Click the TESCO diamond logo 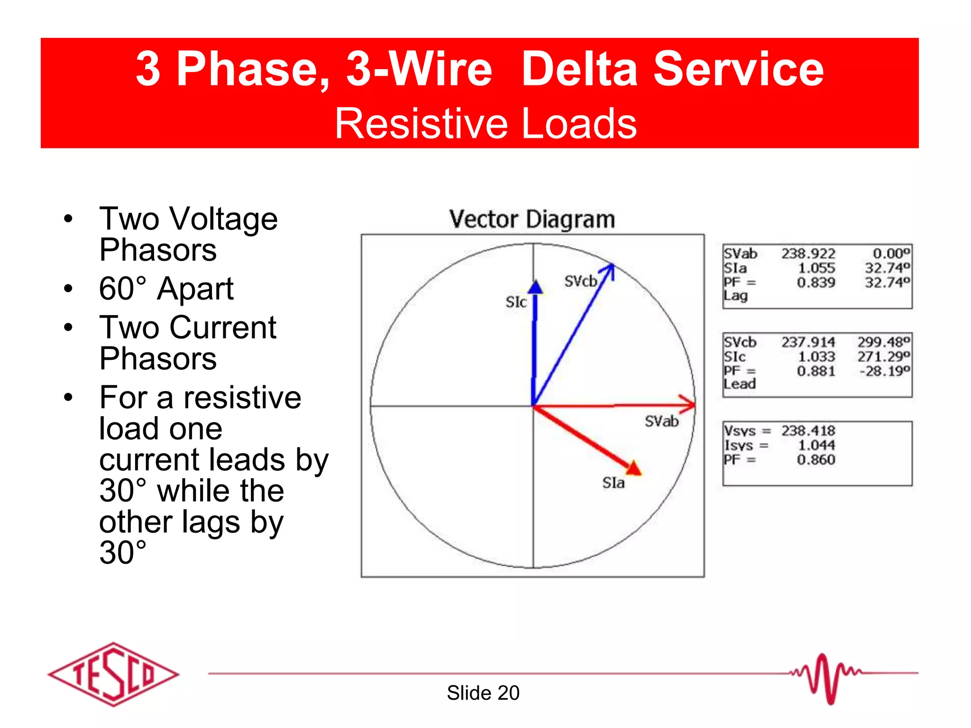pyautogui.click(x=114, y=674)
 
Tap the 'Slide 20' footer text pyautogui.click(x=483, y=693)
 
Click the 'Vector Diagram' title pyautogui.click(x=532, y=219)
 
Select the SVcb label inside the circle pyautogui.click(x=580, y=282)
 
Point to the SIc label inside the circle pyautogui.click(x=516, y=302)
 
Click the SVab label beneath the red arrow pyautogui.click(x=661, y=421)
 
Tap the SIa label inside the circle pyautogui.click(x=613, y=483)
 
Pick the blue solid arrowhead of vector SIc pyautogui.click(x=535, y=287)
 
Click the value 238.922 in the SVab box pyautogui.click(x=808, y=254)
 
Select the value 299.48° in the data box pyautogui.click(x=883, y=342)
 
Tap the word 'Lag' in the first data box pyautogui.click(x=735, y=296)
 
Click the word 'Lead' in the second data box pyautogui.click(x=740, y=384)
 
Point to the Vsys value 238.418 pyautogui.click(x=808, y=431)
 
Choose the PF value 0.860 pyautogui.click(x=815, y=460)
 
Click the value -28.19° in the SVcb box pyautogui.click(x=885, y=371)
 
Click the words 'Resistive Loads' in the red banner pyautogui.click(x=485, y=123)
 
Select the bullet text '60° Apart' pyautogui.click(x=166, y=289)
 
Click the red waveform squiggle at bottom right pyautogui.click(x=825, y=678)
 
